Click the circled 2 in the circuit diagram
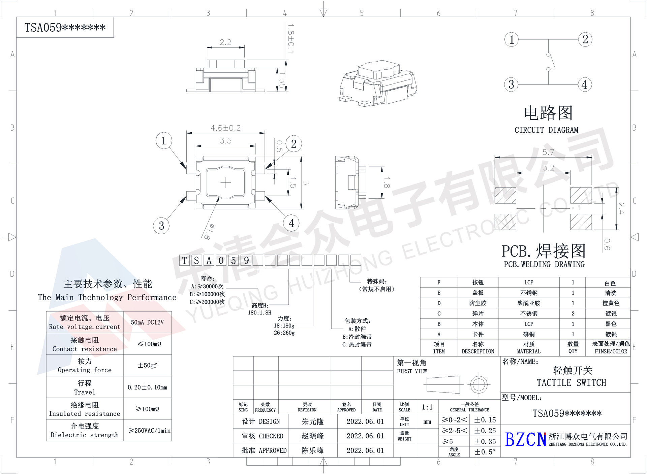pyautogui.click(x=585, y=39)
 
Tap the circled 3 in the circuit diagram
pyautogui.click(x=511, y=84)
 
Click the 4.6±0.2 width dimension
pyautogui.click(x=225, y=128)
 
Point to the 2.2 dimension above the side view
pyautogui.click(x=225, y=42)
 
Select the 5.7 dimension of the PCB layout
pyautogui.click(x=548, y=152)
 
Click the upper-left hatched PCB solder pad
pyautogui.click(x=505, y=195)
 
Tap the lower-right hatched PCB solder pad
pyautogui.click(x=581, y=222)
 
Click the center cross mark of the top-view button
pyautogui.click(x=225, y=183)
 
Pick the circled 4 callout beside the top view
pyautogui.click(x=291, y=223)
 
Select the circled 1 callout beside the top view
pyautogui.click(x=164, y=140)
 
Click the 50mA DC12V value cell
pyautogui.click(x=147, y=322)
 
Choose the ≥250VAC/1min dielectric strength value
pyautogui.click(x=149, y=431)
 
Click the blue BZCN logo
pyautogui.click(x=525, y=440)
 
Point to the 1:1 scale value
pyautogui.click(x=427, y=407)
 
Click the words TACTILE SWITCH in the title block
pyautogui.click(x=571, y=383)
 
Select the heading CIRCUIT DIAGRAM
pyautogui.click(x=546, y=130)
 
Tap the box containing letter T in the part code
pyautogui.click(x=184, y=260)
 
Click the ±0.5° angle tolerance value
pyautogui.click(x=485, y=452)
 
